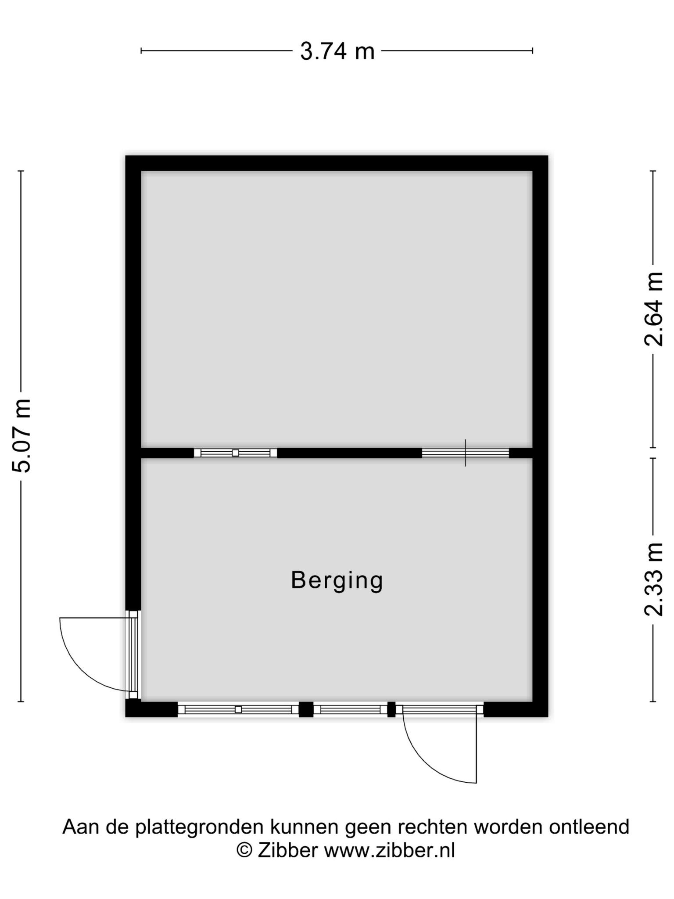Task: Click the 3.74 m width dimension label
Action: (x=337, y=51)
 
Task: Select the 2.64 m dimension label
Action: (x=653, y=309)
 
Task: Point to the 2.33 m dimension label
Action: (x=653, y=579)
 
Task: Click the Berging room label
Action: (x=337, y=581)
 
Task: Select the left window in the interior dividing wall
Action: (x=235, y=453)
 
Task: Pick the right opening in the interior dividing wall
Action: (x=465, y=453)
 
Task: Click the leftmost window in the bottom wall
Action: (x=238, y=709)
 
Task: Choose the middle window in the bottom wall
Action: (x=350, y=709)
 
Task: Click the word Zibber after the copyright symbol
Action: (x=287, y=850)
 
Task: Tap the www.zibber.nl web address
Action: (x=390, y=850)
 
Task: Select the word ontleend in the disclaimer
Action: (x=589, y=827)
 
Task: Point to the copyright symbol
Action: (x=244, y=850)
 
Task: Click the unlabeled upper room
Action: (x=337, y=309)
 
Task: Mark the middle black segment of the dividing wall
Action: (x=349, y=453)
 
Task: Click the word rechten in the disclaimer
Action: (x=433, y=827)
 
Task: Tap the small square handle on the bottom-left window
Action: (x=238, y=709)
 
